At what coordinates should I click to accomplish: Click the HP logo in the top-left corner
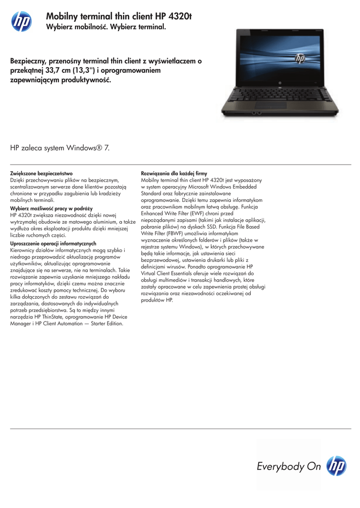pyautogui.click(x=21, y=21)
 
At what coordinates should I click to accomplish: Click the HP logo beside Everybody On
pyautogui.click(x=337, y=466)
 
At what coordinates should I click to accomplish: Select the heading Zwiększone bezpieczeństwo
pyautogui.click(x=42, y=173)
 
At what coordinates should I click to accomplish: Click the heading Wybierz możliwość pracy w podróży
pyautogui.click(x=52, y=209)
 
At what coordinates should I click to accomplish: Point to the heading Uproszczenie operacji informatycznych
pyautogui.click(x=53, y=244)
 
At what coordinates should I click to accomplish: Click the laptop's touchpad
pyautogui.click(x=271, y=105)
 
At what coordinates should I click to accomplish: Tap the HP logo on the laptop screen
pyautogui.click(x=300, y=59)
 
